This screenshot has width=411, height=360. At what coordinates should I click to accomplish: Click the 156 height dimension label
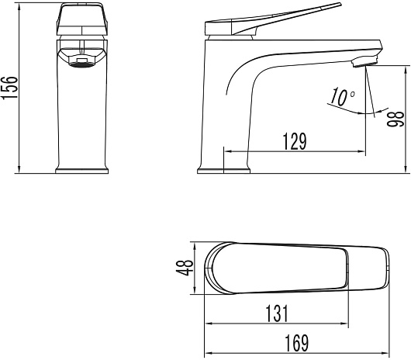tap(9, 88)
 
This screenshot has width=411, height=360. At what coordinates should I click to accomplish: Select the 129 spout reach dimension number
tap(295, 141)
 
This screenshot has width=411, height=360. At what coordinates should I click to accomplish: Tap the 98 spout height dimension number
tap(395, 119)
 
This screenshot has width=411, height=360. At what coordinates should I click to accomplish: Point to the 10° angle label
tap(342, 97)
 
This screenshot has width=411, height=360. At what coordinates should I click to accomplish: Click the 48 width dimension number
tap(185, 268)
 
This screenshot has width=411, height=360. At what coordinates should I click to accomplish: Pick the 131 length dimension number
tap(277, 313)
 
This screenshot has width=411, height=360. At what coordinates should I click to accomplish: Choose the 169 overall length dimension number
tap(297, 343)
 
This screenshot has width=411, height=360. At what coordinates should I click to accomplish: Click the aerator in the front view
tap(81, 62)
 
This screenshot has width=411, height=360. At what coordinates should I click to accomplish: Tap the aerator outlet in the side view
tap(364, 61)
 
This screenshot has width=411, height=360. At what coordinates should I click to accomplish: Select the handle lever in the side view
tap(273, 19)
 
